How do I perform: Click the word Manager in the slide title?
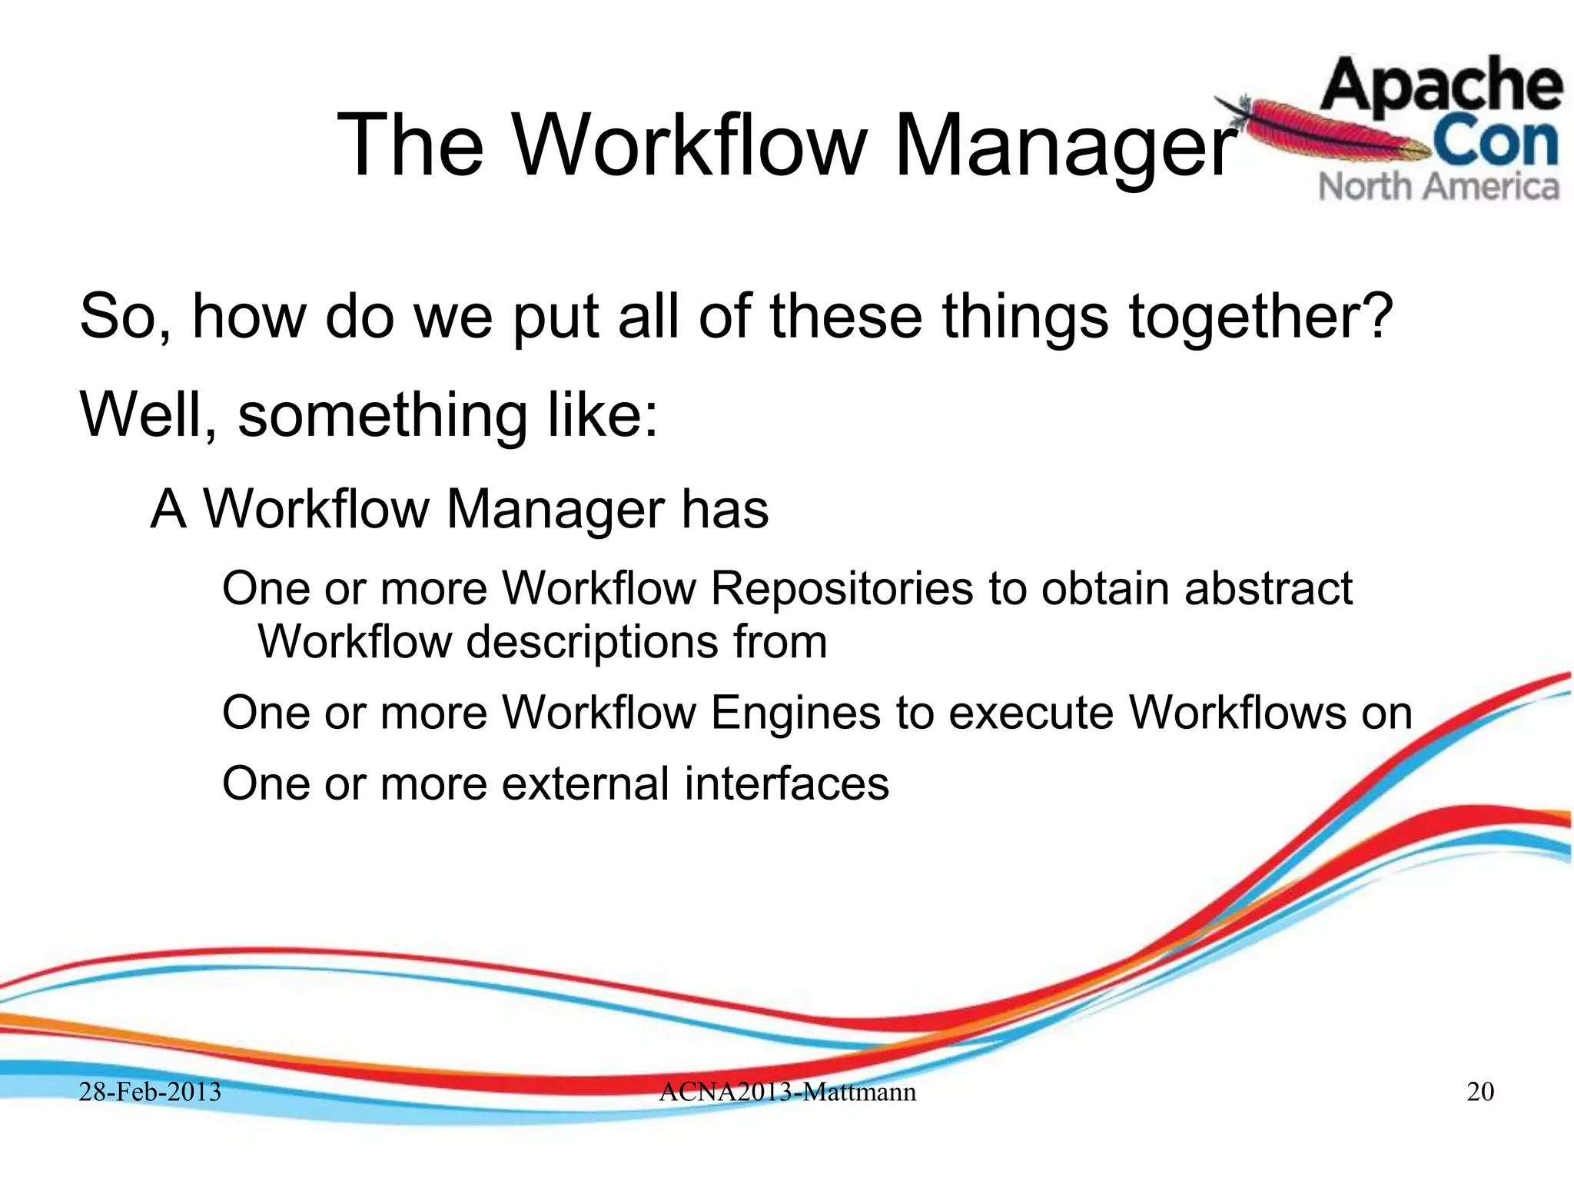1064,146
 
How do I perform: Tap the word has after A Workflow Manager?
724,511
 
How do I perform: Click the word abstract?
1268,590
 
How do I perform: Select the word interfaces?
786,785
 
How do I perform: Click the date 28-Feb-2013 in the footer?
150,1092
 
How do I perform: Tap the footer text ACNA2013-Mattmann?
787,1092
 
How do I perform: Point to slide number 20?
1480,1092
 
